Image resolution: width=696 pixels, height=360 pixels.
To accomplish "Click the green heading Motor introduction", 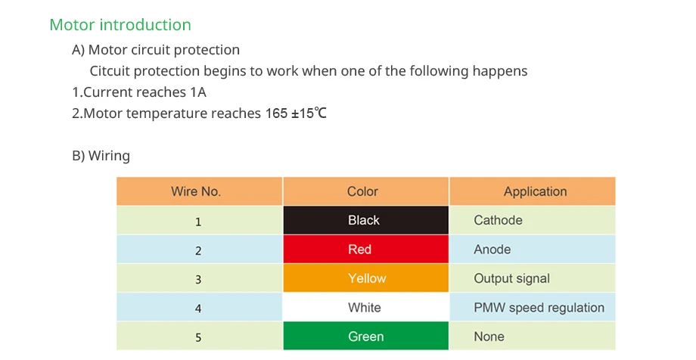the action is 120,25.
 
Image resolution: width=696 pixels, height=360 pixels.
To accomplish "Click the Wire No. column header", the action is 196,191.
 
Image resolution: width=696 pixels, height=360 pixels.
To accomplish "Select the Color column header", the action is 362,191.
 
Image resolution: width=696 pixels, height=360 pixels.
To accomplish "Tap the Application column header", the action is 535,191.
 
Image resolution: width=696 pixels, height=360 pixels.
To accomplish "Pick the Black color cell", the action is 365,220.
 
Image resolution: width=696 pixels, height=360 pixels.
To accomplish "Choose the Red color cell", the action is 365,249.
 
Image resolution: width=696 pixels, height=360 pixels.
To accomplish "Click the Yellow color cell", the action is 365,278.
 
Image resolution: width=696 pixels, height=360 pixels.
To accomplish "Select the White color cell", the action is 365,307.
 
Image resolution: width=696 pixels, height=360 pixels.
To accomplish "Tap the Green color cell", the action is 365,336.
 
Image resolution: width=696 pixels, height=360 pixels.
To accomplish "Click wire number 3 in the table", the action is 198,279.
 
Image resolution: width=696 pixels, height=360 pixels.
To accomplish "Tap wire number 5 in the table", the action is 198,337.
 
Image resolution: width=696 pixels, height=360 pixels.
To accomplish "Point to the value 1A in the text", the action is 198,92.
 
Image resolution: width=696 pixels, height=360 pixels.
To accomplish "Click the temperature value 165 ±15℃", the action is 296,113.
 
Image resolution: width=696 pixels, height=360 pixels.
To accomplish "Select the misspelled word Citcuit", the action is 110,71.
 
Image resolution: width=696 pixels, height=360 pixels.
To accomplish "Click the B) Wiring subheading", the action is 101,156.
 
